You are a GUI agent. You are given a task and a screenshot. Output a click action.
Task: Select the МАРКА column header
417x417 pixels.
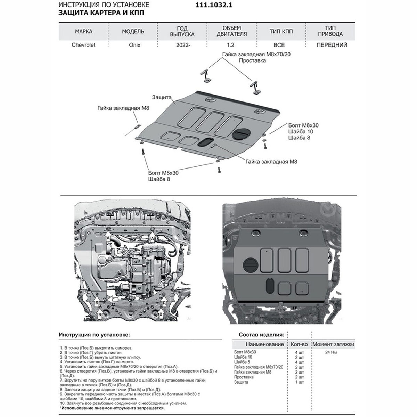point(84,31)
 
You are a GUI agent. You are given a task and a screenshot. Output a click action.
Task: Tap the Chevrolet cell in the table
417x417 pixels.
point(83,45)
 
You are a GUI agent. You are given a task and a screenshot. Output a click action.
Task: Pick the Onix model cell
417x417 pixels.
point(133,45)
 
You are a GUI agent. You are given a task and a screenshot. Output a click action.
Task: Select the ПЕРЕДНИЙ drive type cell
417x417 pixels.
point(332,45)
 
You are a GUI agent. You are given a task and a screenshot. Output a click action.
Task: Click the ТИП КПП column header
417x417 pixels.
point(281,31)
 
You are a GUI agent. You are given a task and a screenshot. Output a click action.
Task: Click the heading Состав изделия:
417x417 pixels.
point(261,335)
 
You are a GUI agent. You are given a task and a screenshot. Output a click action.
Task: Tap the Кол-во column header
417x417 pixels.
point(299,344)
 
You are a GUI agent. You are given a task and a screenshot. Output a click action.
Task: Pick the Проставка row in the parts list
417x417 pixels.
point(244,377)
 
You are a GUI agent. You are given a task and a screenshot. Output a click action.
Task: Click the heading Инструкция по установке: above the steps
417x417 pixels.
point(94,335)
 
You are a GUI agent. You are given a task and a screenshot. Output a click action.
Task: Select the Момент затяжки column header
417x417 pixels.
point(333,344)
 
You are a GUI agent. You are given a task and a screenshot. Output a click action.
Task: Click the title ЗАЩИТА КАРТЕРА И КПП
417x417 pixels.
point(101,13)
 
